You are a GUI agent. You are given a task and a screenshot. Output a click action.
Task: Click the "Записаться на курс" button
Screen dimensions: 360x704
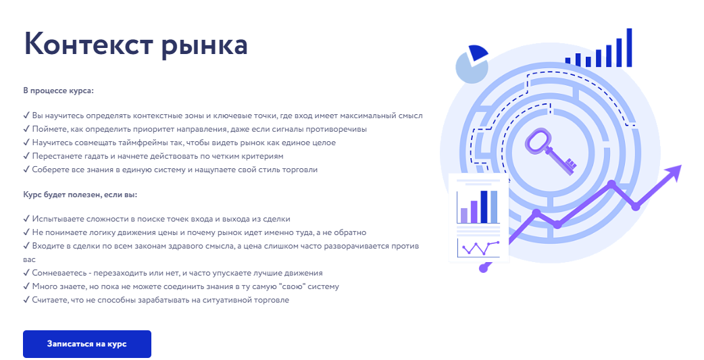point(86,344)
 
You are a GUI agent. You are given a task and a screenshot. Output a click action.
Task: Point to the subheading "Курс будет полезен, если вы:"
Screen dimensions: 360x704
point(80,195)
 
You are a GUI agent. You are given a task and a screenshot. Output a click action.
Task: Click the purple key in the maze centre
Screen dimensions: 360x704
point(548,149)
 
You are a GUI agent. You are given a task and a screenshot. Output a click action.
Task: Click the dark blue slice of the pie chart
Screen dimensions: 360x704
point(477,53)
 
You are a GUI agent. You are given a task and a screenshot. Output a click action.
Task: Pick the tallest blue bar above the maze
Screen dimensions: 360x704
point(629,47)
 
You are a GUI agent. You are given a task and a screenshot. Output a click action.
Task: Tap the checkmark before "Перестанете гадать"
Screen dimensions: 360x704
point(26,156)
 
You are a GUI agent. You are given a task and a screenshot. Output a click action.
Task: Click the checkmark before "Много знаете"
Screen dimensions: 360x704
point(26,286)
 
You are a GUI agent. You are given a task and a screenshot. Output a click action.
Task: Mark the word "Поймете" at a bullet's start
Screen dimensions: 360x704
point(47,129)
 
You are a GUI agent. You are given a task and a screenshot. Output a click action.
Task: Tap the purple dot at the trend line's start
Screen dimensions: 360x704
point(483,268)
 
